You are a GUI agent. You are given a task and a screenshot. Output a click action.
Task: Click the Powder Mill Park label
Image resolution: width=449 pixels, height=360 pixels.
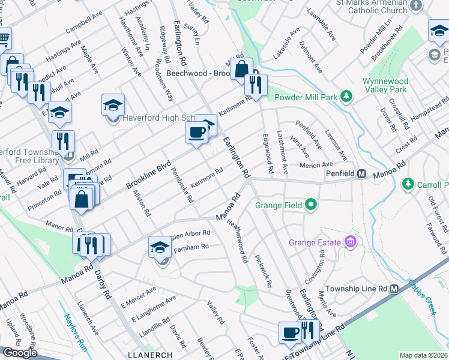(x=305, y=97)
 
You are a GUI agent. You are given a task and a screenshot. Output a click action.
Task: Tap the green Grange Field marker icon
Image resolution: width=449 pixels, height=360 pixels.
(x=310, y=205)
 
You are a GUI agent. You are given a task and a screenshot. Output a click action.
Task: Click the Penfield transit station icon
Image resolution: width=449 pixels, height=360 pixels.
(x=361, y=174)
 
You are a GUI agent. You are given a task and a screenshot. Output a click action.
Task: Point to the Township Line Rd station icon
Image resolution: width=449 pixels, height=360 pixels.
(x=394, y=289)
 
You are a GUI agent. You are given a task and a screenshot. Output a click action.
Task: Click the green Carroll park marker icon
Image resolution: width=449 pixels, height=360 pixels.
(x=408, y=183)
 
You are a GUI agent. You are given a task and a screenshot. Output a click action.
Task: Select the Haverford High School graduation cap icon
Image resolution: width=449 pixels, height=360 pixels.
(x=113, y=104)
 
